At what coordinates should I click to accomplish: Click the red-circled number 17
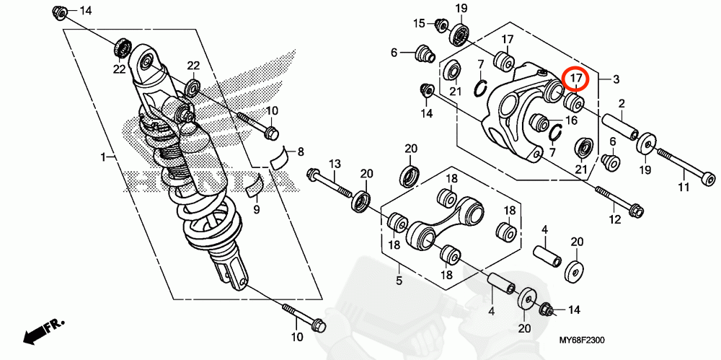click(577, 78)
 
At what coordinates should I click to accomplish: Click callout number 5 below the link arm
click(398, 278)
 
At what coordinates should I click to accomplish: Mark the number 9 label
click(255, 209)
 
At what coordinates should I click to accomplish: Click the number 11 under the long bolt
click(684, 188)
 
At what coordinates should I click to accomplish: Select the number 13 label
click(335, 164)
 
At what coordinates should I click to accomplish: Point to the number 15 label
click(419, 24)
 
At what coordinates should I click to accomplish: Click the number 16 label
click(574, 120)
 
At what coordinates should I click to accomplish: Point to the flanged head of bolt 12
click(636, 211)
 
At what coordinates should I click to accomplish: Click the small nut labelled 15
click(438, 25)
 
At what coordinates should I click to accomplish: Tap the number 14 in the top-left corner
click(86, 11)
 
